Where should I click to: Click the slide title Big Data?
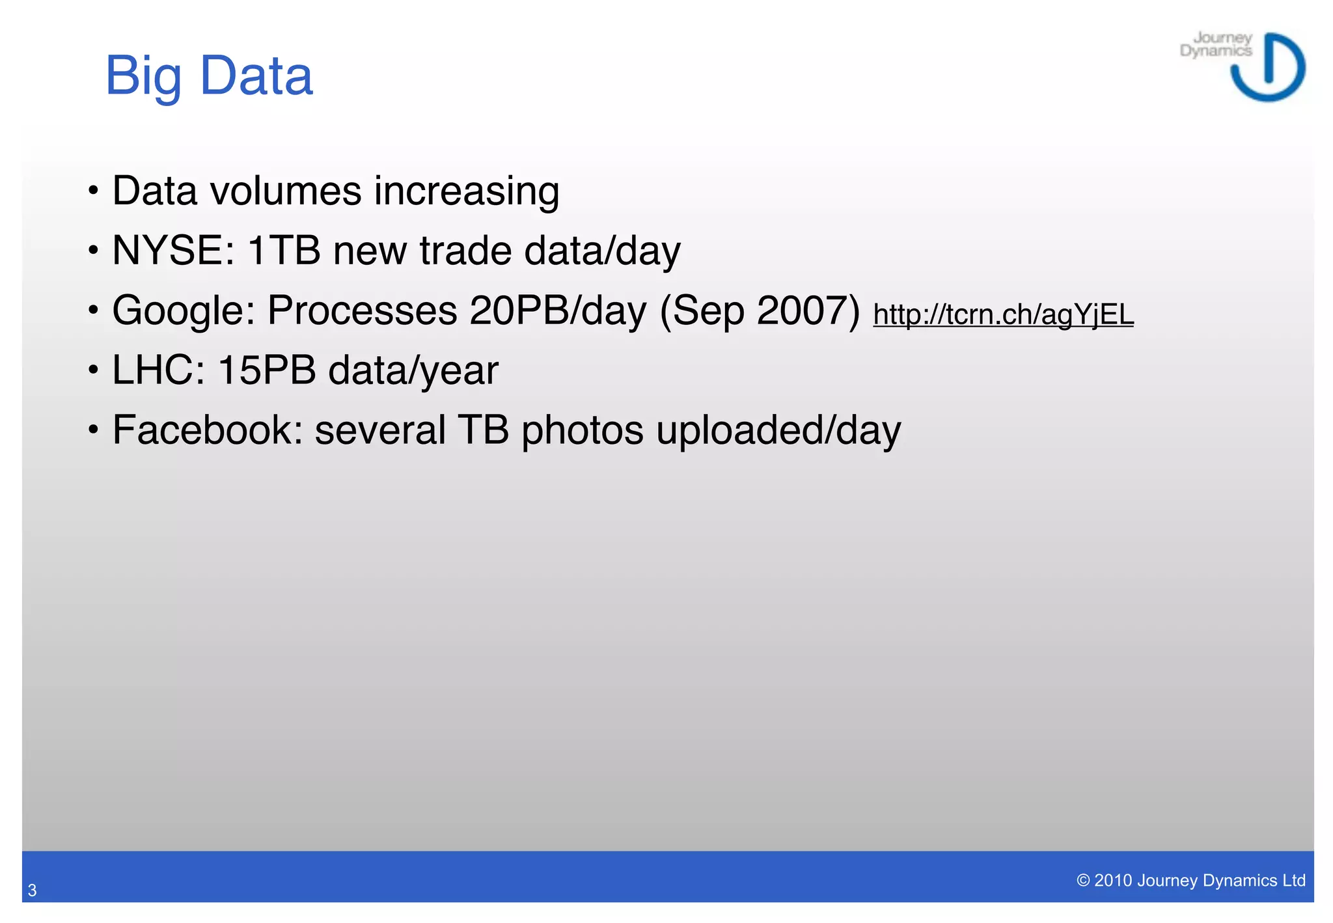(209, 76)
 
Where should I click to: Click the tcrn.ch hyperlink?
(1003, 314)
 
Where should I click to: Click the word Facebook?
(207, 430)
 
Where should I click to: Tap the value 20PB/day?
(558, 310)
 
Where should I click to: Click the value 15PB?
(267, 370)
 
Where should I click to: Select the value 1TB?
(284, 251)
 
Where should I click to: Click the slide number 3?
(32, 890)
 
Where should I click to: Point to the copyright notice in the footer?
(1190, 880)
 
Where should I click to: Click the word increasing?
(466, 191)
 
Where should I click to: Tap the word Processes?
(362, 310)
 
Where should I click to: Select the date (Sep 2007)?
(760, 310)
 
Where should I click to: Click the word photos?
(582, 430)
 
